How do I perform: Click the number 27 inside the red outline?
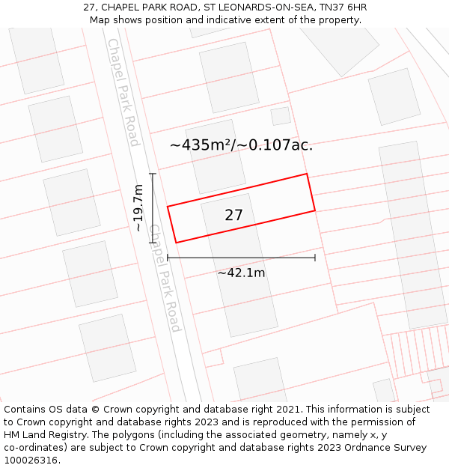click(x=233, y=216)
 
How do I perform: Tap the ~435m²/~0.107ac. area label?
click(x=241, y=145)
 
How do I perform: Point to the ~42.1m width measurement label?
click(x=241, y=273)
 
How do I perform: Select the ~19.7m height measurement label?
click(x=138, y=208)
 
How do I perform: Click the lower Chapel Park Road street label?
click(x=165, y=278)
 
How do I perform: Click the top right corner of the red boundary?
click(x=307, y=174)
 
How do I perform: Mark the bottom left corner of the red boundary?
click(x=177, y=243)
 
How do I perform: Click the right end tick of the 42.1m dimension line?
click(x=315, y=258)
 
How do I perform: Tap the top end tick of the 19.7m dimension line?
click(x=153, y=174)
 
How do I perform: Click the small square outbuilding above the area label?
click(x=281, y=116)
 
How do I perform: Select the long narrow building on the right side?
click(x=413, y=234)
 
